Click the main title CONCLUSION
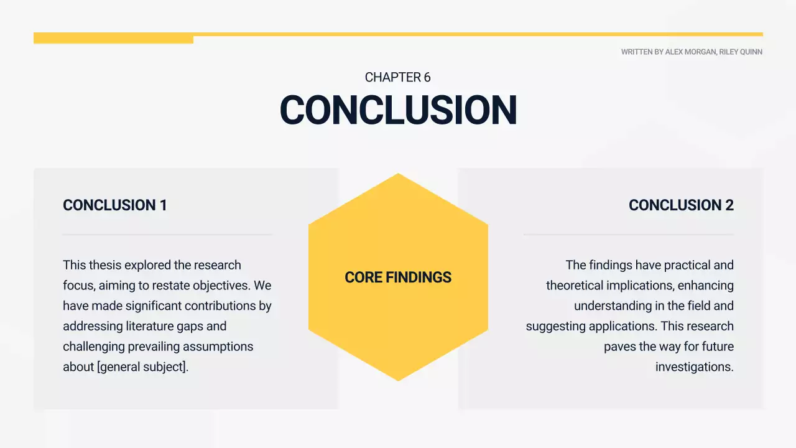click(398, 110)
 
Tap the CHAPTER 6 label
click(398, 78)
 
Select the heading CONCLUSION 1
click(115, 205)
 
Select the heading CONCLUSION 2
click(681, 205)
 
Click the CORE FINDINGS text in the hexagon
click(398, 278)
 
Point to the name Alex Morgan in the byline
click(690, 52)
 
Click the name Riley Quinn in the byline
click(741, 52)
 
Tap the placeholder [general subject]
click(142, 367)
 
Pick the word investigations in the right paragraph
click(694, 367)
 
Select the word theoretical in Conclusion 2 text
click(576, 286)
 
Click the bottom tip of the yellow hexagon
click(398, 378)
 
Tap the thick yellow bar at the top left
click(113, 39)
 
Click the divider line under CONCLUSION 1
click(168, 235)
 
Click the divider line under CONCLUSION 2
click(628, 235)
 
